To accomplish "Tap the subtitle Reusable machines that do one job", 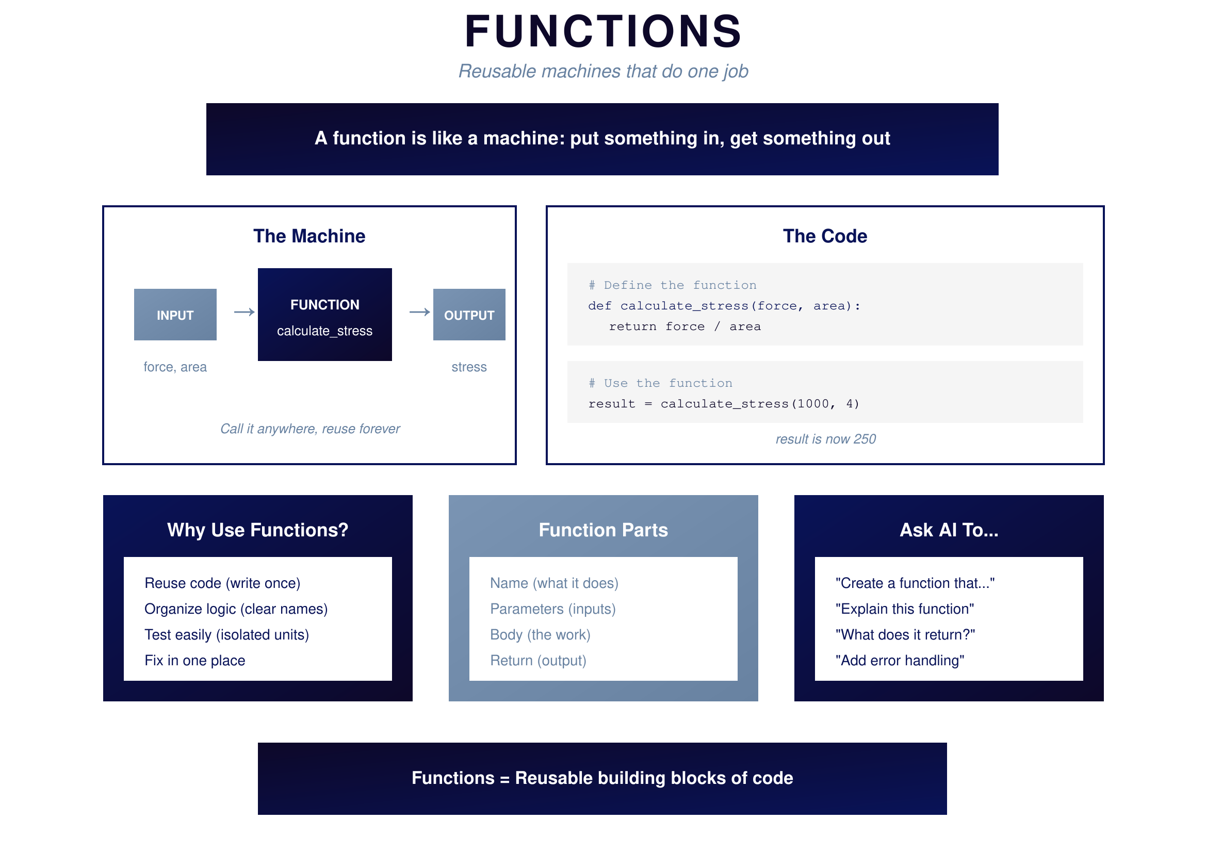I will [603, 72].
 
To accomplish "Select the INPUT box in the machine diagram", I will [175, 315].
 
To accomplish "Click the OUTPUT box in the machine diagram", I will [468, 315].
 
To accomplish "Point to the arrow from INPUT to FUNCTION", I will [245, 313].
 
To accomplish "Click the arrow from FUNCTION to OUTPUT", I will [419, 313].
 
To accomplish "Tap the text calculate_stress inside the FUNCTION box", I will [324, 331].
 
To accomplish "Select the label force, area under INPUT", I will [175, 367].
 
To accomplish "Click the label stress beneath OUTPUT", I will [468, 367].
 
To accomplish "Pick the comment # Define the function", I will [672, 285].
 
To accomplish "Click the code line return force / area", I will [685, 326].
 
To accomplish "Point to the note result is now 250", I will [825, 439].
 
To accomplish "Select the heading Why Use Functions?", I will [257, 530].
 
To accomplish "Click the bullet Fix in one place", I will [195, 660].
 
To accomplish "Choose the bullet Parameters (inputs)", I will [552, 609].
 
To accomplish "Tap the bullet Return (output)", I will [538, 660].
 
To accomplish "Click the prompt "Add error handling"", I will [899, 660].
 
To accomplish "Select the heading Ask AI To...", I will [949, 530].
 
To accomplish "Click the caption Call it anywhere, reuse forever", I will [310, 429].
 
